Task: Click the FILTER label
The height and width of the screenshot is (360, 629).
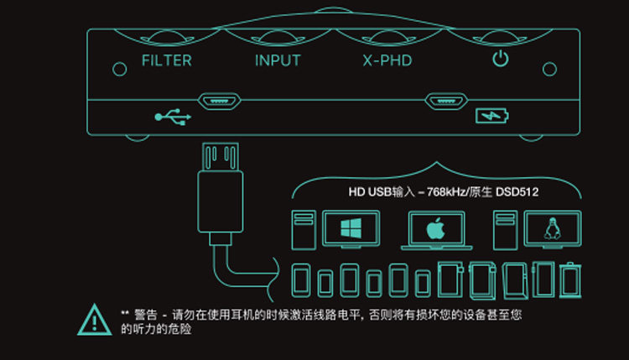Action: [166, 60]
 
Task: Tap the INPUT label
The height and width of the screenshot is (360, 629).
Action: [278, 60]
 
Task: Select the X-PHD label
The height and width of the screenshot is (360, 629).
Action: [387, 60]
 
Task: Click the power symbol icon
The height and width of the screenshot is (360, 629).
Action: [500, 59]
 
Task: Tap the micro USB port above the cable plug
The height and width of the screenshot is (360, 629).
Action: [219, 102]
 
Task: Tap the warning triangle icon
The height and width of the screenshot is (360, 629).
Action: [96, 319]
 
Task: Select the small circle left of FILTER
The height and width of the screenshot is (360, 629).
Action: [116, 68]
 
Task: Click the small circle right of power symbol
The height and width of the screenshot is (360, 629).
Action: [549, 68]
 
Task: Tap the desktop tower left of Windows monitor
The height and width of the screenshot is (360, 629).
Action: [302, 229]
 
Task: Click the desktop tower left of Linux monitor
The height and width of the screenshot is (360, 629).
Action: [504, 229]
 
